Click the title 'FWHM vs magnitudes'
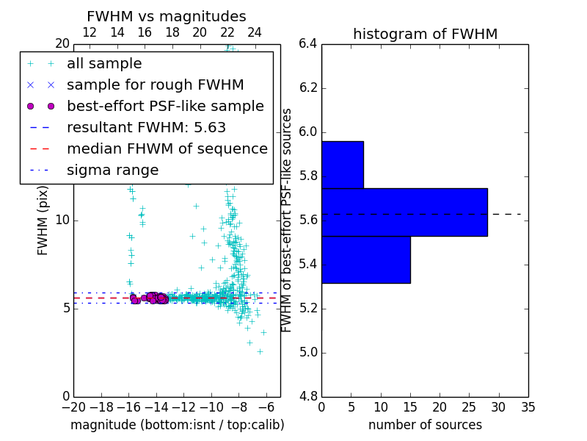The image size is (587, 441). (166, 16)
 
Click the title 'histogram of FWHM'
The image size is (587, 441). (425, 34)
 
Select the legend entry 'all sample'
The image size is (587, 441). (104, 64)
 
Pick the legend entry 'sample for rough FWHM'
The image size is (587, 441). (155, 85)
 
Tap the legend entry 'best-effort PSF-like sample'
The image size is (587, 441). (165, 106)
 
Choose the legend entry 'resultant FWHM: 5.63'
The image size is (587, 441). (146, 127)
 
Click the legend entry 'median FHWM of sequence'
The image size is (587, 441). (167, 148)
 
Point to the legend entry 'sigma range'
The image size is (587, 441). (112, 171)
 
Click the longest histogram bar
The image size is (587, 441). (404, 212)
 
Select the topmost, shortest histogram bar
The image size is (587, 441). (343, 165)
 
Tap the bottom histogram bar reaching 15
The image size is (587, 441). (365, 259)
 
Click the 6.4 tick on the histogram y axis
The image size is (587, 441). (308, 43)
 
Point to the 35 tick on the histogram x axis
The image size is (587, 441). (528, 406)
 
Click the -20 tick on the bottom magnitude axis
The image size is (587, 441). (73, 406)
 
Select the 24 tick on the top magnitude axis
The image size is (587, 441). (255, 32)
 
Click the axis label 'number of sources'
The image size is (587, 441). (425, 425)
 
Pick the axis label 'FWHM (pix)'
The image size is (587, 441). (43, 220)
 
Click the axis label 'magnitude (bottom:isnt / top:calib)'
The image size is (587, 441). (177, 425)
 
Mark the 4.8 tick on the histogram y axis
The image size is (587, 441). (308, 396)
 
